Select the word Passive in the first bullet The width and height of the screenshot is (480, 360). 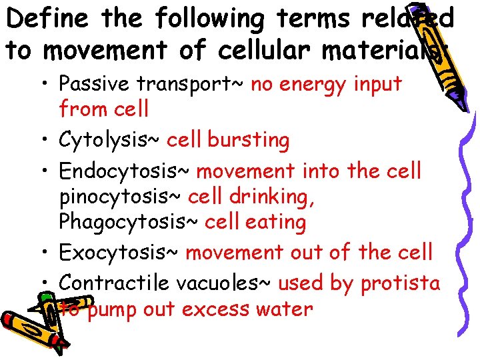coord(93,85)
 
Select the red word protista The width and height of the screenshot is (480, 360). coord(400,283)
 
